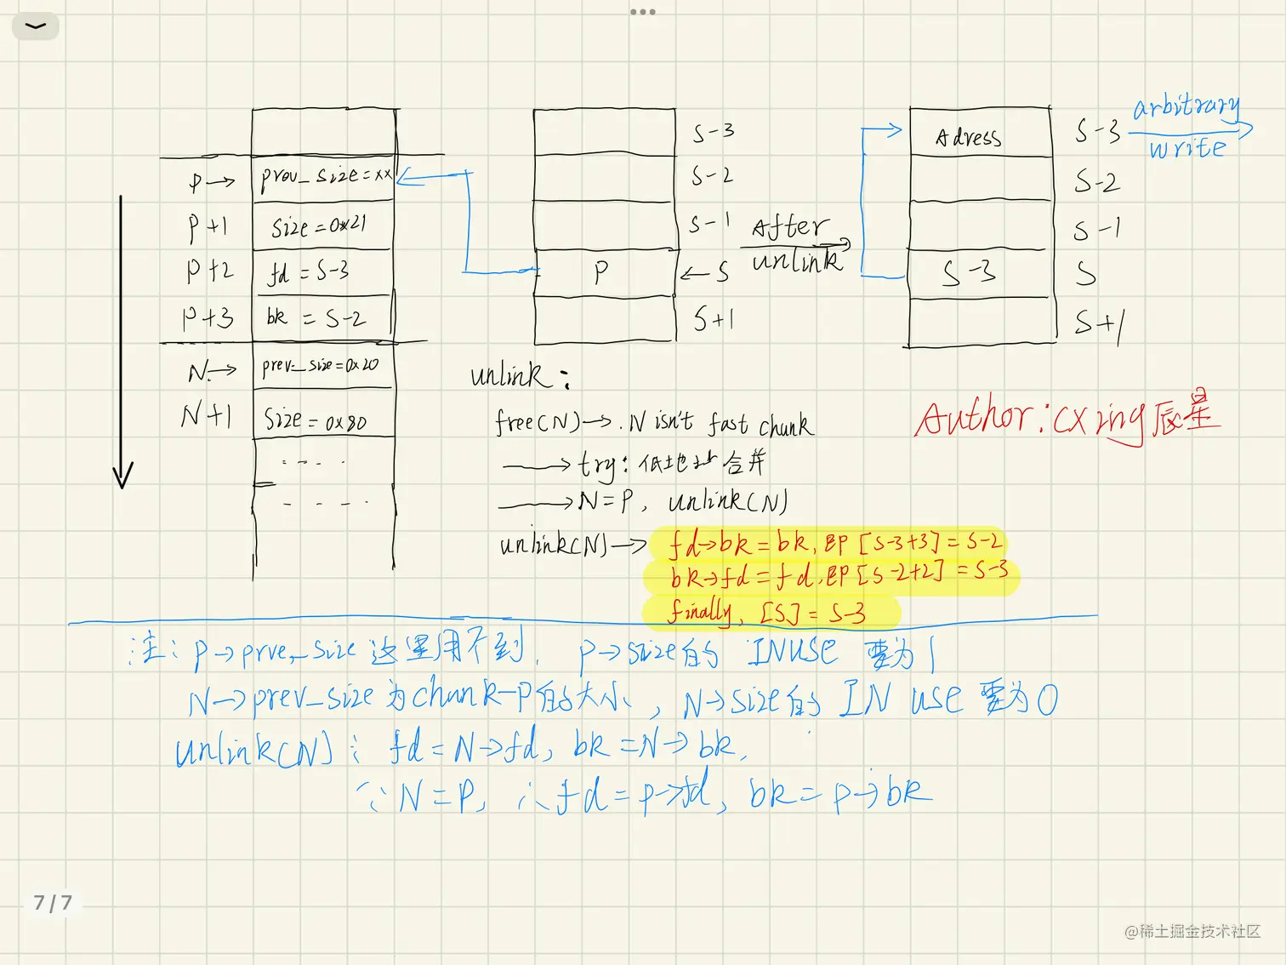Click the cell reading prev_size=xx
(325, 177)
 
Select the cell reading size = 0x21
(320, 226)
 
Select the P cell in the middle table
(602, 272)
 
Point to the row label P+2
(208, 271)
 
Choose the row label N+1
(206, 415)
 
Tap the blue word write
(1187, 149)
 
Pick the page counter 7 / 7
(53, 903)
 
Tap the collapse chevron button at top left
(36, 26)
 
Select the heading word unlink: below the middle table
(519, 375)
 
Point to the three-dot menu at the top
(643, 12)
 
